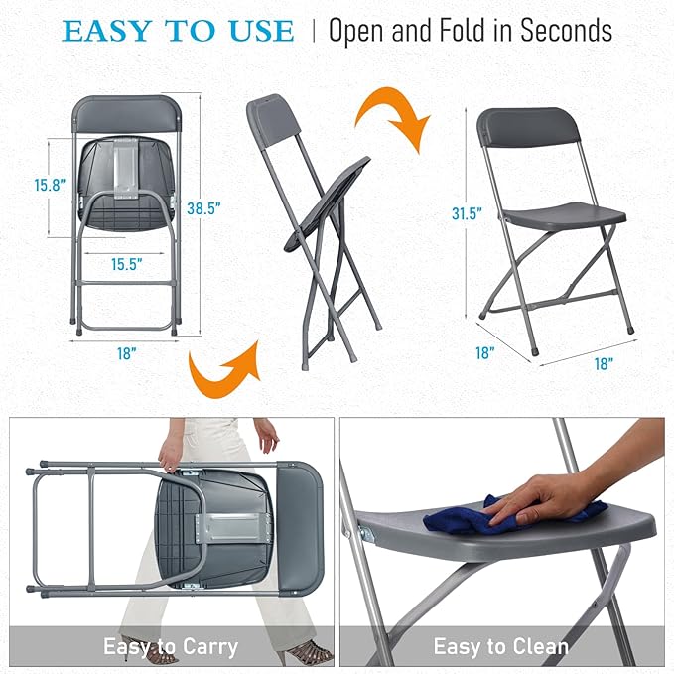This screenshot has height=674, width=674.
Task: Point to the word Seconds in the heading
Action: [x=558, y=32]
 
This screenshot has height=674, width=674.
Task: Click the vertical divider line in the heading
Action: [x=315, y=31]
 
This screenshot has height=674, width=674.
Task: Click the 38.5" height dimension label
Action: [x=203, y=208]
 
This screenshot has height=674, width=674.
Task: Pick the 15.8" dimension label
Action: [x=50, y=185]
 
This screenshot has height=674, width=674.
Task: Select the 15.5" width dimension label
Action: [x=127, y=265]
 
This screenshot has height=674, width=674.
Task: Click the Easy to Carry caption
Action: [x=171, y=647]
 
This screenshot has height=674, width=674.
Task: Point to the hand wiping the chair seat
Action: [x=556, y=494]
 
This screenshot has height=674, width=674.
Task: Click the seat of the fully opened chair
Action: [x=566, y=213]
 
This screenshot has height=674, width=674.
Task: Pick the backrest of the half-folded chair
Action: [x=274, y=118]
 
